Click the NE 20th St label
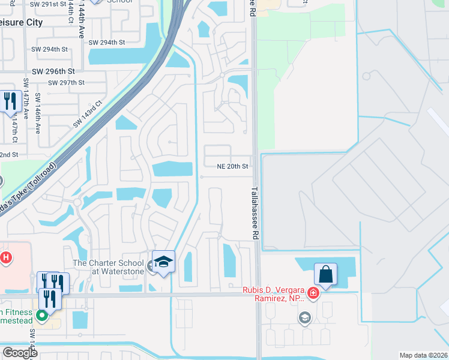tap(234, 166)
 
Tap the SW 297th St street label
tap(67, 83)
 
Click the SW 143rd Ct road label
tap(88, 114)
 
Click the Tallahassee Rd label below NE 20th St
tap(253, 213)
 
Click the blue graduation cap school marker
tap(163, 262)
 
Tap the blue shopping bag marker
tap(325, 274)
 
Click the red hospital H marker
tap(5, 258)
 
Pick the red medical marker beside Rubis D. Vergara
tap(313, 293)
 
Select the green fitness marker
tap(42, 314)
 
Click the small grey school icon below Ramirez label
tap(305, 317)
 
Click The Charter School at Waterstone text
tap(109, 267)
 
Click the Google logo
tap(20, 353)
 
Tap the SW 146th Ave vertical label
tap(38, 113)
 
